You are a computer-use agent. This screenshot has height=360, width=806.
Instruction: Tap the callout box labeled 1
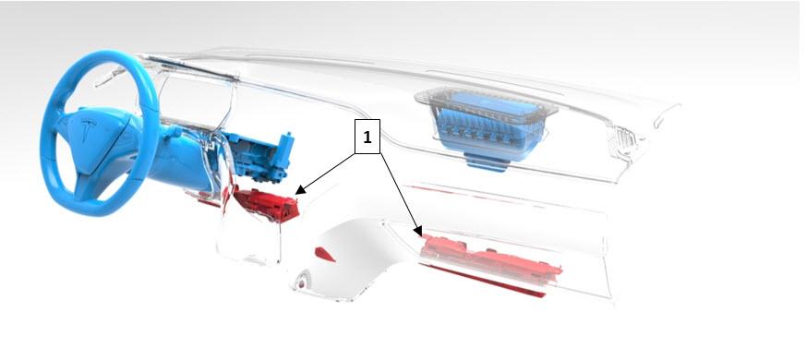click(367, 137)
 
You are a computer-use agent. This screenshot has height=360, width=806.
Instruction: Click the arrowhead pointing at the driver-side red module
click(300, 190)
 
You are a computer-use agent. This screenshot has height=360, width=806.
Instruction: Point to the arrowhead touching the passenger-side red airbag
click(418, 231)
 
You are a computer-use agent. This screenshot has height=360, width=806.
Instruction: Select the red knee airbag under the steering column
click(266, 204)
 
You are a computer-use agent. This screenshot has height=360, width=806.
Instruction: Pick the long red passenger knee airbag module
click(491, 258)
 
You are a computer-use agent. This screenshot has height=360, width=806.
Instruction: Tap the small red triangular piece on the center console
click(325, 255)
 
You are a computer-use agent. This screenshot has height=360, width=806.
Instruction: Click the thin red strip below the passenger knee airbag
click(483, 281)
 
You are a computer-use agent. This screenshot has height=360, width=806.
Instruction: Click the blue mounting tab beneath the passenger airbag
click(486, 162)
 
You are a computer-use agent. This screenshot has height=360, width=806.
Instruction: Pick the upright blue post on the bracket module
click(285, 150)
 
